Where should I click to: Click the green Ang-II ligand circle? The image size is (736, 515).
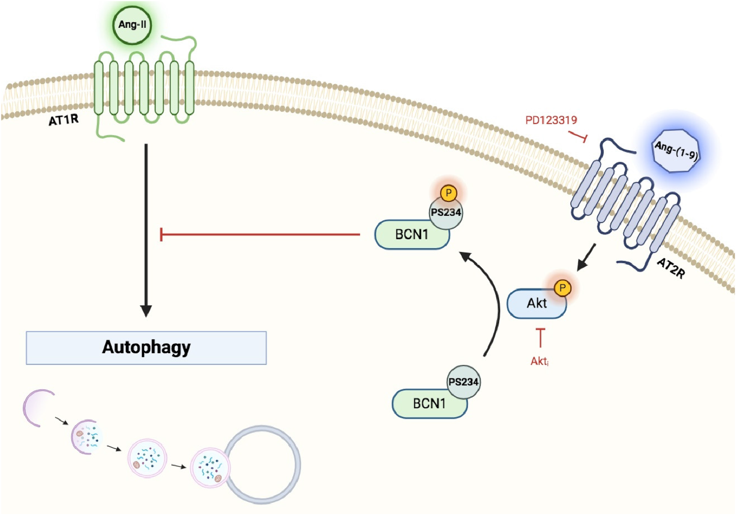point(132,25)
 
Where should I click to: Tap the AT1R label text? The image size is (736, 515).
point(64,120)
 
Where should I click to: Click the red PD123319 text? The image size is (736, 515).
point(551,120)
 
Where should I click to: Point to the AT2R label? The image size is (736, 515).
point(671,269)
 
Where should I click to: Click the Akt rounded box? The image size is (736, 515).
point(534,304)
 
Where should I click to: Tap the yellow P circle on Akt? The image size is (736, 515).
point(563,288)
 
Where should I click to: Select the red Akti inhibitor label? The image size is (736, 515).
point(539,361)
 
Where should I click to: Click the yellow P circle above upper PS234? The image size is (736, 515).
point(449,193)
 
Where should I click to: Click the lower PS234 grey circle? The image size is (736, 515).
point(463,382)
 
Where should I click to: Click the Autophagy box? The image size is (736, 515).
point(146,348)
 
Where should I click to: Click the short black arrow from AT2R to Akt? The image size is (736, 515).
point(587,257)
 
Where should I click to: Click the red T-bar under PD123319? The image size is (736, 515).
point(579,136)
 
